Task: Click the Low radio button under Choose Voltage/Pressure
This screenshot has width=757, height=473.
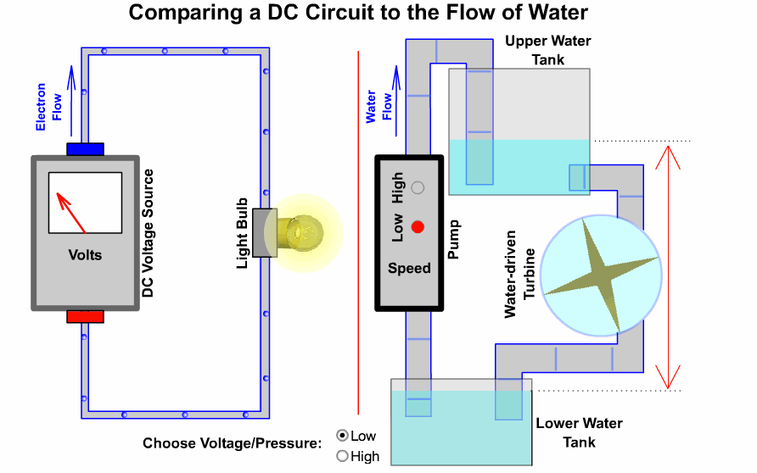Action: pos(343,436)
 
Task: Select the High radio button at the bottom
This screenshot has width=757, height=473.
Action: pos(343,456)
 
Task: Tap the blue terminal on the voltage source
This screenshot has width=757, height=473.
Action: pos(85,149)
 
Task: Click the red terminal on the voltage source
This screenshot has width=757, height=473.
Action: pos(85,316)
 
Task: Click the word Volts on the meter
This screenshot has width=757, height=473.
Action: pos(85,254)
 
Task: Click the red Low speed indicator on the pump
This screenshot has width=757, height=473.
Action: pos(417,227)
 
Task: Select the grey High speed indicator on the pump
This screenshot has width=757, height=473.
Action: pos(417,188)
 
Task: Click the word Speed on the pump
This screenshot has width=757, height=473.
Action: pos(409,268)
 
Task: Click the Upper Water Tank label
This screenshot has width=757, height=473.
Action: pos(547,50)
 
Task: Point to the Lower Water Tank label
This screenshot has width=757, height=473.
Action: pos(579,432)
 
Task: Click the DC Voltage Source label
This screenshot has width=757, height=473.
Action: pos(148,232)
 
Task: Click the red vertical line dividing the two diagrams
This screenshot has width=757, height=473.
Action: pos(359,229)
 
